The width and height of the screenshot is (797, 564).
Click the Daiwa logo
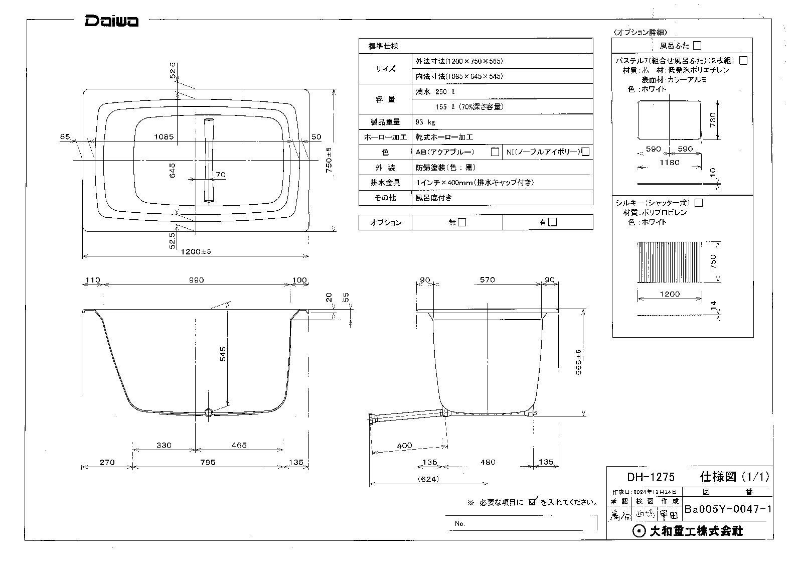click(x=111, y=21)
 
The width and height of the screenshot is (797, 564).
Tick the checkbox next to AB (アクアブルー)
click(x=495, y=152)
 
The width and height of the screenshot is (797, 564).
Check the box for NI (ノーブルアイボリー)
click(x=585, y=152)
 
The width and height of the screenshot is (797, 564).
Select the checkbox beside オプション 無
click(x=462, y=222)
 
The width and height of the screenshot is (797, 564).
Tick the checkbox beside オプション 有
click(x=552, y=222)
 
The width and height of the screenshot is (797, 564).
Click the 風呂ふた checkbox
click(x=697, y=46)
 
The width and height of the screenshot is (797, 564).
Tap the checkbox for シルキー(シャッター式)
click(x=698, y=203)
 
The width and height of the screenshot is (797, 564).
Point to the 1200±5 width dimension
click(x=196, y=251)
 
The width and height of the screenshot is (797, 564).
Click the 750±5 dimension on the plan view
click(x=329, y=161)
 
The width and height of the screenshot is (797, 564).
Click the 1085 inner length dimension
click(x=164, y=136)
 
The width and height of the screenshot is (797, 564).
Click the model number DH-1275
click(x=651, y=476)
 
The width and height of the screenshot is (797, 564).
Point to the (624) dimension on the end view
click(x=427, y=479)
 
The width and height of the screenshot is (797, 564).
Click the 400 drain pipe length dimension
click(x=404, y=446)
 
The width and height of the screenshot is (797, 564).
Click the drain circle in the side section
click(x=209, y=412)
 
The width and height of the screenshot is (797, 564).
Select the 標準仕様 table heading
click(x=384, y=46)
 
